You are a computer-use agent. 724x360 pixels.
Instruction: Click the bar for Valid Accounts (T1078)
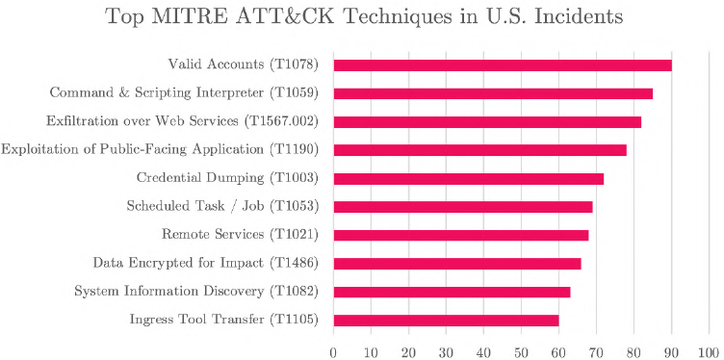pos(502,65)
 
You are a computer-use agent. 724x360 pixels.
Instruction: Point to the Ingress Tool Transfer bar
pos(445,321)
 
